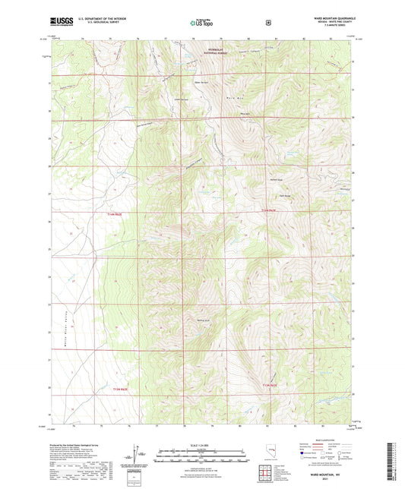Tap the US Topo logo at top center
tap(201, 24)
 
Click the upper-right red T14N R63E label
tap(265, 210)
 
